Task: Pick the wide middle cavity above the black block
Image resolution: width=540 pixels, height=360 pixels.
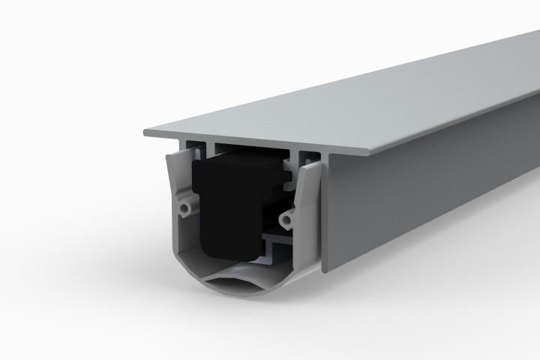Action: pyautogui.click(x=247, y=148)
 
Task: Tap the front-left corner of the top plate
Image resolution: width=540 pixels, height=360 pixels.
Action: pyautogui.click(x=145, y=133)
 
